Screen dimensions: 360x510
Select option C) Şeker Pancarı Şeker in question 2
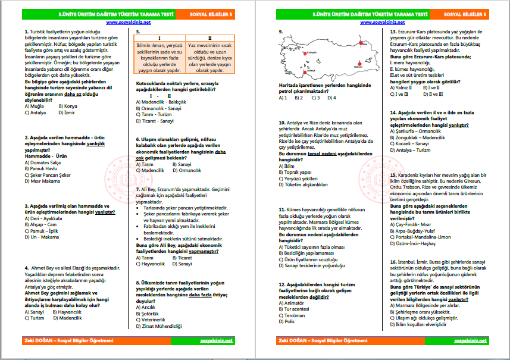tap(48, 175)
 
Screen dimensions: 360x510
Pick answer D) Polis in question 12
tap(287, 321)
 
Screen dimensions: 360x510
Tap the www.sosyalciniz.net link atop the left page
tap(128, 22)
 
